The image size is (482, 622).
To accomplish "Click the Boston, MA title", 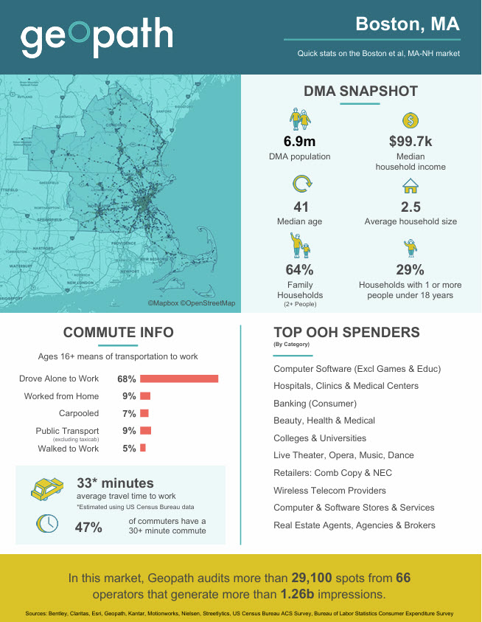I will tap(408, 24).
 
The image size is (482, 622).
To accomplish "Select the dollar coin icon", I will tap(411, 120).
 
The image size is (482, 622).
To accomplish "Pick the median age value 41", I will tap(300, 207).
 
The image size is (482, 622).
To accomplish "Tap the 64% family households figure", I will tap(299, 270).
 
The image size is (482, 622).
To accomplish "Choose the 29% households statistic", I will tap(411, 270).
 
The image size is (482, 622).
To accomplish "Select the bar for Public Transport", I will tap(145, 430).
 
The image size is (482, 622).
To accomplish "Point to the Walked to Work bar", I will tap(143, 448).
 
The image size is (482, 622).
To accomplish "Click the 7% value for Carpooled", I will tap(129, 413).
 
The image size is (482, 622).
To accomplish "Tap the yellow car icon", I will tap(49, 489).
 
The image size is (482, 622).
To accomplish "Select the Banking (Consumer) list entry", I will tap(315, 404).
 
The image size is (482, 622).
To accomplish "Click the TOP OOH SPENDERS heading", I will tap(346, 332).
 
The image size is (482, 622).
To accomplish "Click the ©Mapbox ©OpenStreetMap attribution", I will tap(191, 303).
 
